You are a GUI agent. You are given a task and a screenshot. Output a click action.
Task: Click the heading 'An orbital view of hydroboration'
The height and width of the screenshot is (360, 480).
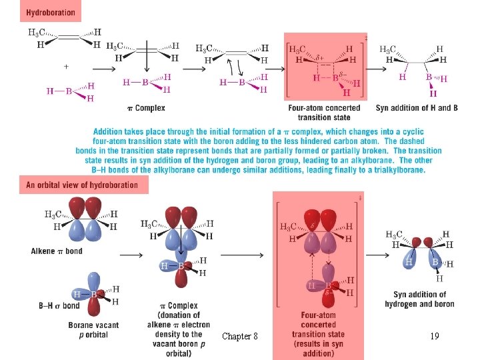coord(81,185)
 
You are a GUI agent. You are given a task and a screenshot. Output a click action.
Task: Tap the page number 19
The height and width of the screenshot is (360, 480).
coord(434,336)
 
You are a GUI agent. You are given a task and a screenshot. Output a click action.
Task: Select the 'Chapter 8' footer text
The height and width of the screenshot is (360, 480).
coord(240,336)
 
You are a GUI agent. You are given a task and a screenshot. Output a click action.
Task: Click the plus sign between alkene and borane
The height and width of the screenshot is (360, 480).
coord(66,66)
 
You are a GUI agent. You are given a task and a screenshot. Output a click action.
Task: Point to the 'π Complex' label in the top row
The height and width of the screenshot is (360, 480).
coord(145,107)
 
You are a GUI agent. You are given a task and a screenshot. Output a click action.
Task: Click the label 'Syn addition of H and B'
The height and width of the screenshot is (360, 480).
coord(417,107)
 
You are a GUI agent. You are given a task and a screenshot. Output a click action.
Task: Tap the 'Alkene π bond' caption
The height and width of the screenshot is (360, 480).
coord(57,251)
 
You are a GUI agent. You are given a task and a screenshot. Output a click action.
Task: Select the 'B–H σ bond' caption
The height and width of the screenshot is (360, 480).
coord(59,306)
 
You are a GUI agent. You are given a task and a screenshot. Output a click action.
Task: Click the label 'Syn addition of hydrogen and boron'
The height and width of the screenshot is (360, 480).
coord(419,299)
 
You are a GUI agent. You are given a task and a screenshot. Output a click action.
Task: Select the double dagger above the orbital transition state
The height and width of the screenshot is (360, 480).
coord(360,197)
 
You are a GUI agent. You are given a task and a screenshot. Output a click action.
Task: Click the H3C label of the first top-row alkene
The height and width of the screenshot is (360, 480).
coord(37,32)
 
